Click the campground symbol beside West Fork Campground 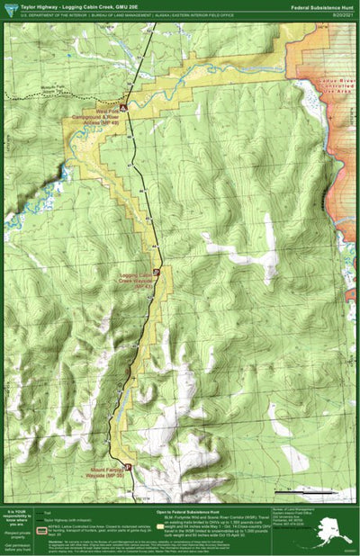[123, 108]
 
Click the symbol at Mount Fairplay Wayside [128, 466]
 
